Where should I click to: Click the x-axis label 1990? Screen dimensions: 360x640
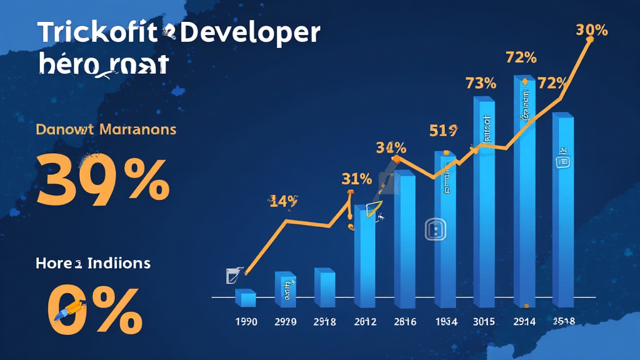pos(246,322)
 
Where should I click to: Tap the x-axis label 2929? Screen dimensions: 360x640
pos(285,322)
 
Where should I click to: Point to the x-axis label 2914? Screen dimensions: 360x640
pos(526,322)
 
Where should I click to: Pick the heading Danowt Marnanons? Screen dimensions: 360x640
pos(106,130)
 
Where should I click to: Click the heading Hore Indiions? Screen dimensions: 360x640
pos(93,263)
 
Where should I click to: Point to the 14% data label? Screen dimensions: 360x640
pos(283,201)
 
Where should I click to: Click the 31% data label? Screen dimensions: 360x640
pos(356,179)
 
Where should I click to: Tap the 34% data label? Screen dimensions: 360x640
pos(391,148)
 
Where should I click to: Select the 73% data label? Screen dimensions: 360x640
pos(481,83)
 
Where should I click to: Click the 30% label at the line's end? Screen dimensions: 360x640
pos(592,30)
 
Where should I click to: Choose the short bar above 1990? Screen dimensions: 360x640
pos(246,299)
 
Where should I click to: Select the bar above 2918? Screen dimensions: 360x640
pos(324,288)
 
